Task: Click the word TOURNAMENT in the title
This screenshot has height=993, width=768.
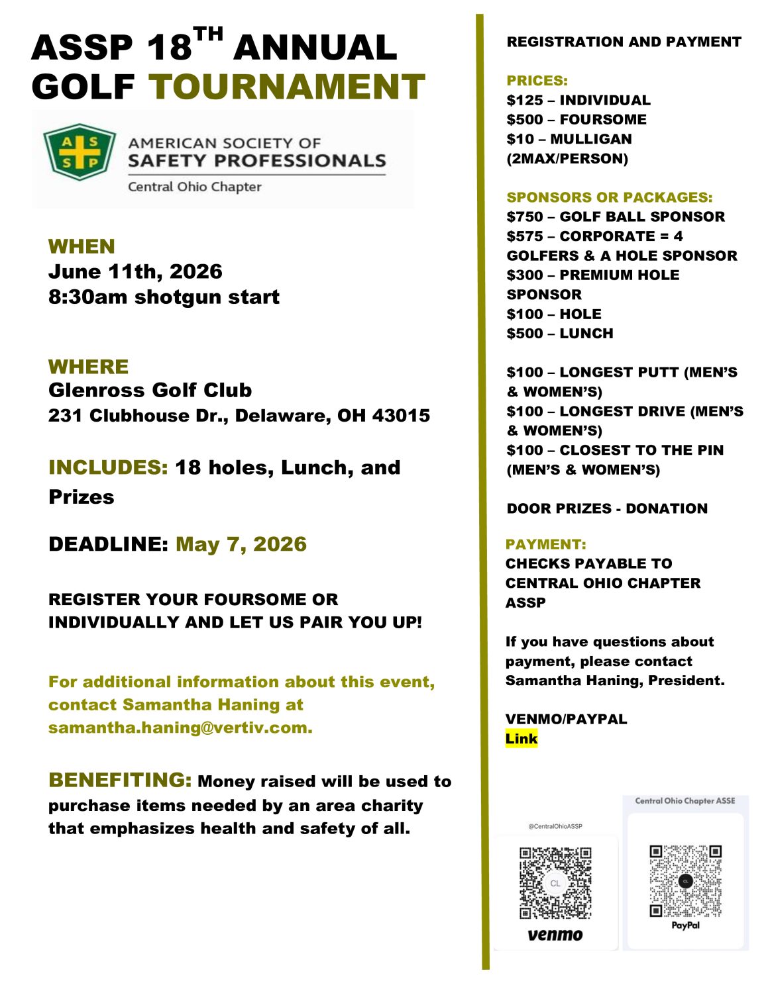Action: (x=286, y=87)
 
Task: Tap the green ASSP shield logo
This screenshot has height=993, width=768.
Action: (x=80, y=152)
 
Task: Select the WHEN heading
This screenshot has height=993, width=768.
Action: (x=82, y=246)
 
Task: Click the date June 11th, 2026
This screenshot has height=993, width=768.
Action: (x=135, y=271)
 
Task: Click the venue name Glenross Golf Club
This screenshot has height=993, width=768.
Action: (x=150, y=390)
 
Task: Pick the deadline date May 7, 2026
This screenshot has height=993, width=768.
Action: (x=241, y=544)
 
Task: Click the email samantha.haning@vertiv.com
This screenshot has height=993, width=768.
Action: (x=180, y=728)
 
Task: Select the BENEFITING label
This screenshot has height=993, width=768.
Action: (x=120, y=780)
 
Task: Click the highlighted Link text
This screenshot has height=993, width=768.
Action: (x=521, y=739)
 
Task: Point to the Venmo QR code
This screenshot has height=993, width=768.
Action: (x=555, y=883)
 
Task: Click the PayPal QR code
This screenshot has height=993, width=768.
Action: (x=685, y=880)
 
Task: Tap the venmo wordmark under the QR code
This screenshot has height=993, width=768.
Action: (x=555, y=935)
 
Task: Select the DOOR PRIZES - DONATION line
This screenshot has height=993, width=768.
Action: (x=607, y=508)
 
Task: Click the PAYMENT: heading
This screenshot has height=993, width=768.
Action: (x=545, y=544)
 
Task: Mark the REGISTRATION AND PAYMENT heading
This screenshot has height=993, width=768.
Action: (x=624, y=42)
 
